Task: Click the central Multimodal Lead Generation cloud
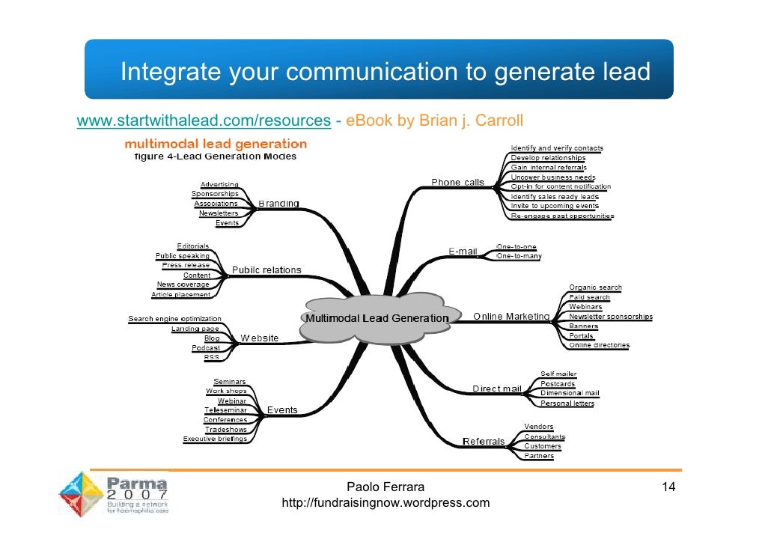pyautogui.click(x=377, y=318)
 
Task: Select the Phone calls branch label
pyautogui.click(x=457, y=183)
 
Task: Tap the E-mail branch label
pyautogui.click(x=463, y=252)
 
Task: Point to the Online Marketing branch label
pyautogui.click(x=511, y=317)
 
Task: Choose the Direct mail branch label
pyautogui.click(x=496, y=389)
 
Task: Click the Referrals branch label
pyautogui.click(x=484, y=441)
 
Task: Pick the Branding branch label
pyautogui.click(x=278, y=204)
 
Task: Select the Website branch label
pyautogui.click(x=259, y=338)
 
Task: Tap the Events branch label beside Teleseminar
pyautogui.click(x=282, y=410)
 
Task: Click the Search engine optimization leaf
pyautogui.click(x=174, y=319)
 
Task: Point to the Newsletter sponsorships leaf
pyautogui.click(x=611, y=317)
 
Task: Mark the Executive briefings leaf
pyautogui.click(x=215, y=439)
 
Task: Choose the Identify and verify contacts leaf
pyautogui.click(x=557, y=148)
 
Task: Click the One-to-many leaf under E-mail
pyautogui.click(x=519, y=256)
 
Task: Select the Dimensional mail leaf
pyautogui.click(x=570, y=393)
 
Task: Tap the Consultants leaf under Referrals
pyautogui.click(x=544, y=436)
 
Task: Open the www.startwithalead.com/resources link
pyautogui.click(x=204, y=121)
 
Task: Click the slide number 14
pyautogui.click(x=668, y=488)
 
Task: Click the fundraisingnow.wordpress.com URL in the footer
pyautogui.click(x=385, y=503)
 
